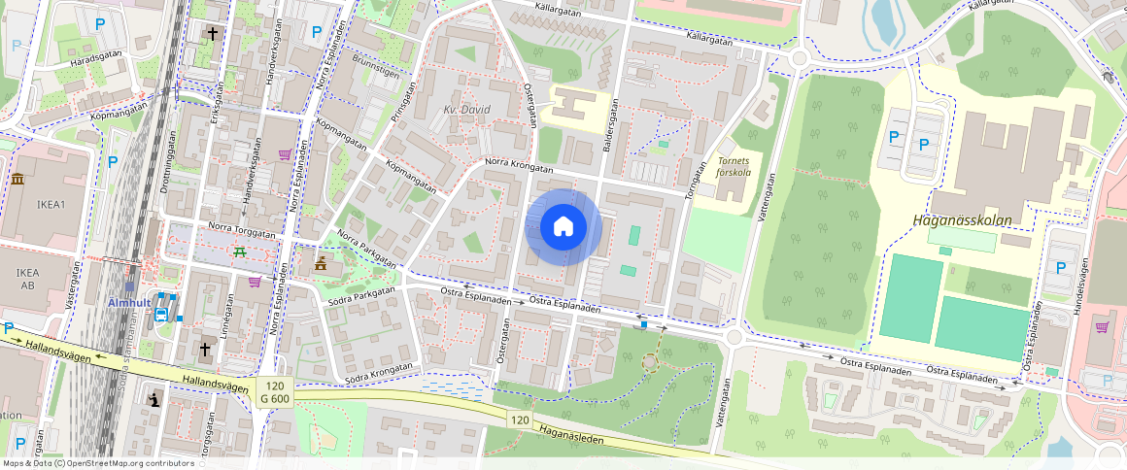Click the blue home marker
(563, 227)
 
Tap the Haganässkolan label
(962, 220)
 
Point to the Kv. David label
(467, 110)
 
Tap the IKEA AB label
(26, 280)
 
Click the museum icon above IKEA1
(17, 179)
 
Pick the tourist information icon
(153, 399)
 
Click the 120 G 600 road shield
(275, 392)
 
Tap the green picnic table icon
(239, 252)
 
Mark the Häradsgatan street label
(98, 60)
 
